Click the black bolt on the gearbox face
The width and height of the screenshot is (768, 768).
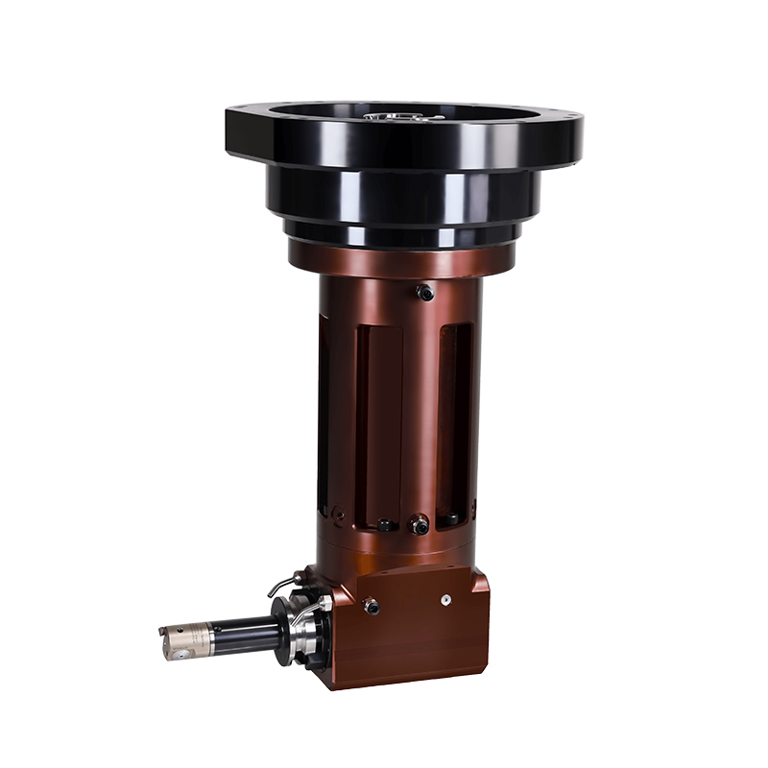click(x=371, y=607)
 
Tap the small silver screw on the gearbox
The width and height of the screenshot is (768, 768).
click(x=445, y=598)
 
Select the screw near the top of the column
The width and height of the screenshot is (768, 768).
click(x=425, y=293)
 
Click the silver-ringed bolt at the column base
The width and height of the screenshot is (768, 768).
click(x=419, y=524)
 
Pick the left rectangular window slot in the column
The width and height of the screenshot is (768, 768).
click(x=378, y=422)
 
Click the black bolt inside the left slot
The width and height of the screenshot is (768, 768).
click(x=385, y=525)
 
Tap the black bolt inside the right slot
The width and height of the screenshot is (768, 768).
click(x=449, y=519)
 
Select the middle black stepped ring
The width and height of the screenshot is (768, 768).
click(x=403, y=197)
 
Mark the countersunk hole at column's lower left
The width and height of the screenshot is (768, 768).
click(x=338, y=516)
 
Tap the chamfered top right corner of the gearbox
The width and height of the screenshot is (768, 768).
click(x=477, y=574)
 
